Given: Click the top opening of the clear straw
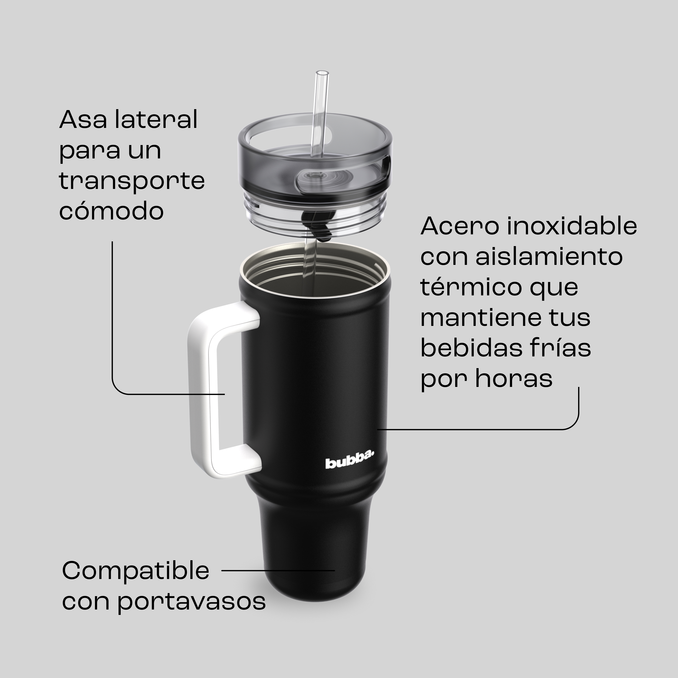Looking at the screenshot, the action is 322,73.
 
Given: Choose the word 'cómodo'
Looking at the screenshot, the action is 111,211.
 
